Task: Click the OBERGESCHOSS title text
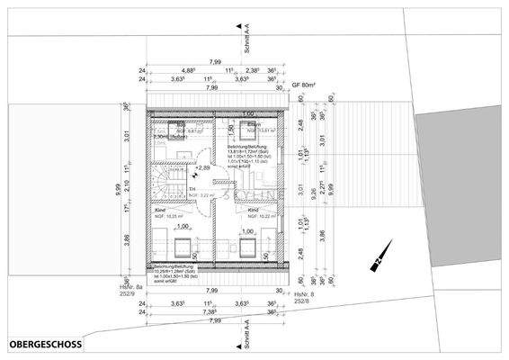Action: pos(45,344)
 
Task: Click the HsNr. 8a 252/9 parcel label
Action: pos(130,293)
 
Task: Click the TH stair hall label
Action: pos(192,190)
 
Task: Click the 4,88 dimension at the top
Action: pos(188,69)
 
